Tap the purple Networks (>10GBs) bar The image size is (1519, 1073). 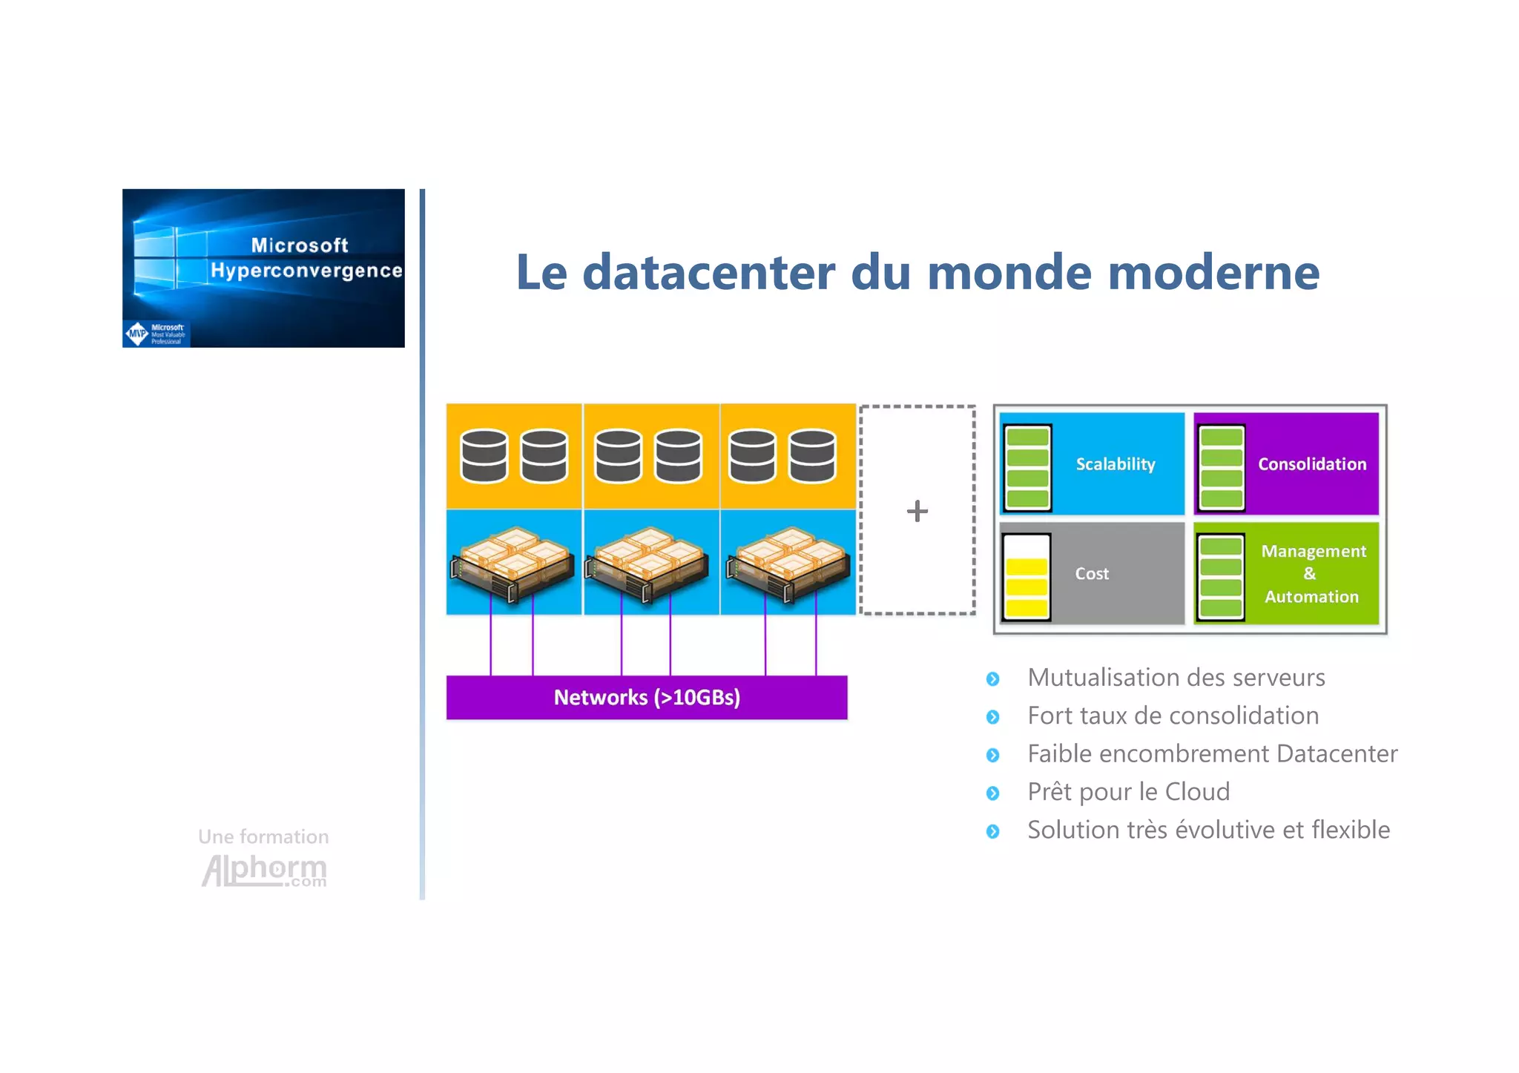(x=647, y=698)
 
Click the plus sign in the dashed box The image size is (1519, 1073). (x=917, y=511)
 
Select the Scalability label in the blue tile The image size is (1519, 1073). (x=1116, y=464)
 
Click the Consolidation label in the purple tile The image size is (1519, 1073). (x=1311, y=464)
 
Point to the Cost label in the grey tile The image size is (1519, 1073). (x=1092, y=574)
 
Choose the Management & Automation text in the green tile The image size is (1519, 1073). (x=1312, y=574)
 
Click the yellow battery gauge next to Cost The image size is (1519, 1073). (x=1027, y=578)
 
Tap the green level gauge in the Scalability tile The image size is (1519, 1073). (x=1027, y=468)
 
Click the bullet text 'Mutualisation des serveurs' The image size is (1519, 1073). (x=1176, y=678)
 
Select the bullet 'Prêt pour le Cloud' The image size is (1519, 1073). (x=1128, y=792)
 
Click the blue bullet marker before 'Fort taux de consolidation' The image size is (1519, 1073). (x=993, y=717)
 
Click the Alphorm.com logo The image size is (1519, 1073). (x=264, y=871)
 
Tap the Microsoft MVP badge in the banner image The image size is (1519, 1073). (x=156, y=334)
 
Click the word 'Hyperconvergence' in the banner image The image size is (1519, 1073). (x=306, y=271)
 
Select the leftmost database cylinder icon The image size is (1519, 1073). (x=484, y=456)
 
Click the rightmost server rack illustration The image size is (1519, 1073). (x=788, y=564)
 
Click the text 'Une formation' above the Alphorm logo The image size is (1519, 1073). (x=263, y=836)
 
